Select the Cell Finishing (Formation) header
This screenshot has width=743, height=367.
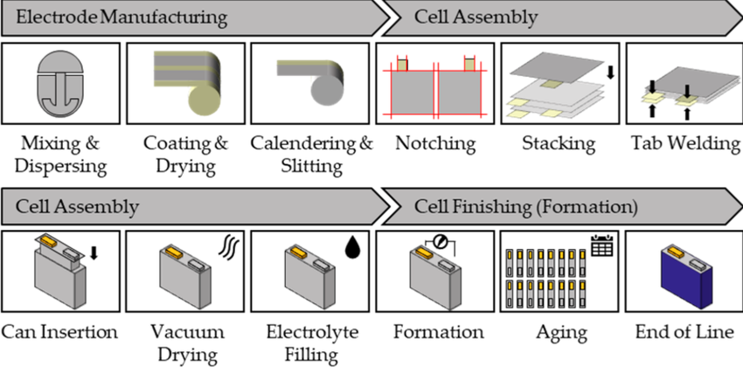pyautogui.click(x=526, y=207)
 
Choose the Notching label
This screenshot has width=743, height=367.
pyautogui.click(x=434, y=142)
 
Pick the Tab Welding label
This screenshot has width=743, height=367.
pyautogui.click(x=682, y=142)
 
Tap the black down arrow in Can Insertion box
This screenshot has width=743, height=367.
pyautogui.click(x=94, y=253)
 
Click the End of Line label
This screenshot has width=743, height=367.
pyautogui.click(x=682, y=332)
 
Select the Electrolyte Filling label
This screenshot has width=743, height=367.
pyautogui.click(x=310, y=343)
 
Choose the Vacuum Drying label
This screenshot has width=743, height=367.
pyautogui.click(x=186, y=343)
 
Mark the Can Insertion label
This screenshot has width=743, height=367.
pyautogui.click(x=59, y=332)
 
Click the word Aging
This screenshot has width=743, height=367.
pyautogui.click(x=558, y=333)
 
